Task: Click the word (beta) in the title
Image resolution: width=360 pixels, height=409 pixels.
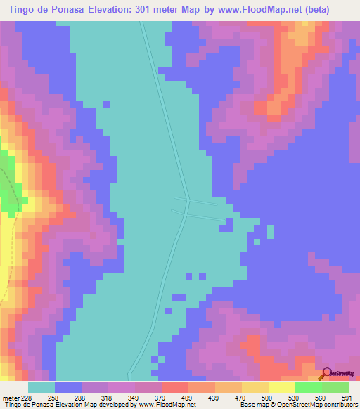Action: tap(336, 10)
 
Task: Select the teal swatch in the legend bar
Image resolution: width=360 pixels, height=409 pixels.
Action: tap(41, 387)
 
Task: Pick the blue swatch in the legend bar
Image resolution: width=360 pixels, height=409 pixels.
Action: tap(68, 387)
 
